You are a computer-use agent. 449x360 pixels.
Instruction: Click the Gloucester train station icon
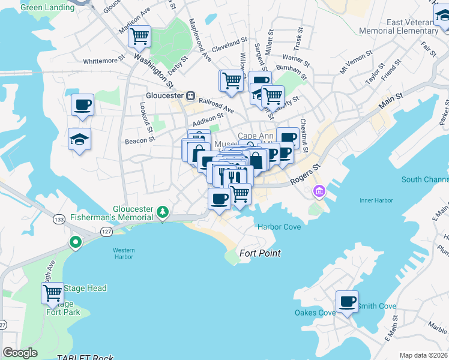click(x=190, y=95)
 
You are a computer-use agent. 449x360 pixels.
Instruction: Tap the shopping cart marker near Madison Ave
click(x=139, y=36)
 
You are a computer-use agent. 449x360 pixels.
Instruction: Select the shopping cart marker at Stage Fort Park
click(x=53, y=293)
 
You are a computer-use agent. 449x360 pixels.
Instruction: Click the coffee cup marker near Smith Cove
click(x=346, y=301)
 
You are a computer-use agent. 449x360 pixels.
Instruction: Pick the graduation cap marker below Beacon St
click(x=79, y=139)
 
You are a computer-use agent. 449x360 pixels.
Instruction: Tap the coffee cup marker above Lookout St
click(x=82, y=104)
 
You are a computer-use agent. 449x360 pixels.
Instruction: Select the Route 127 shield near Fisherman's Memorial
click(x=106, y=231)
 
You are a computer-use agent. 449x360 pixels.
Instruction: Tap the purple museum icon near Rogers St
click(x=319, y=191)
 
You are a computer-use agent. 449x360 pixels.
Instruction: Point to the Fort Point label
click(x=260, y=253)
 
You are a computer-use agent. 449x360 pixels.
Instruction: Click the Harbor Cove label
click(x=279, y=227)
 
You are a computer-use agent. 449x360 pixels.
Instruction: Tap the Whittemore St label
click(x=104, y=60)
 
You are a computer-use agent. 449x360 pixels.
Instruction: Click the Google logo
click(x=20, y=353)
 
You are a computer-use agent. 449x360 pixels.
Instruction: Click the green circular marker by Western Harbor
click(x=75, y=242)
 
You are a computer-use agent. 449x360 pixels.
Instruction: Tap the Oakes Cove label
click(x=315, y=313)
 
